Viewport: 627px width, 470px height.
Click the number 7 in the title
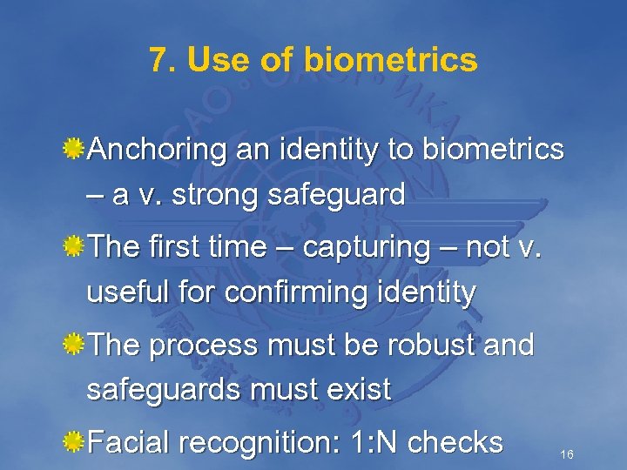pos(158,60)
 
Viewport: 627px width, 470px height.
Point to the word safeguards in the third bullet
pos(165,390)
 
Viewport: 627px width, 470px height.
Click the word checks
pos(455,443)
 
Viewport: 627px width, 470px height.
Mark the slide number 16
pos(567,454)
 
